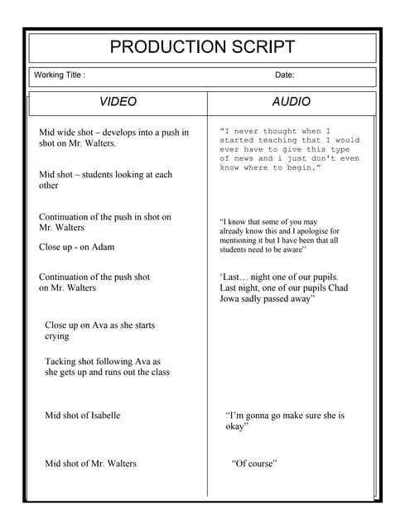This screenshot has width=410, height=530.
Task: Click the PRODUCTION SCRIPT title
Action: coord(202,47)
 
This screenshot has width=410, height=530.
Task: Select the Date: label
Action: coord(284,75)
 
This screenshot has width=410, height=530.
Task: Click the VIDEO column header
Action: coord(118,102)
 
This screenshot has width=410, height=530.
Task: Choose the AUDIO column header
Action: coord(292,102)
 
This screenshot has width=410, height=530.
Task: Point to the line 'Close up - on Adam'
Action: coord(77,247)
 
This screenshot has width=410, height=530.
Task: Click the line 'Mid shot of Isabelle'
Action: coord(82,415)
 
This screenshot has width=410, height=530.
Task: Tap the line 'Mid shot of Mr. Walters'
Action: coord(90,463)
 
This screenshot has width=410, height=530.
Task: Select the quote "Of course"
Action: coord(253,463)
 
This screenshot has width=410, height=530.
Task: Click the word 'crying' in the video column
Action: coord(57,336)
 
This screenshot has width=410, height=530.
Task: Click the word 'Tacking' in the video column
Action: coord(60,361)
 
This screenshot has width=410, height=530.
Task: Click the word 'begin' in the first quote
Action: coord(299,168)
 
